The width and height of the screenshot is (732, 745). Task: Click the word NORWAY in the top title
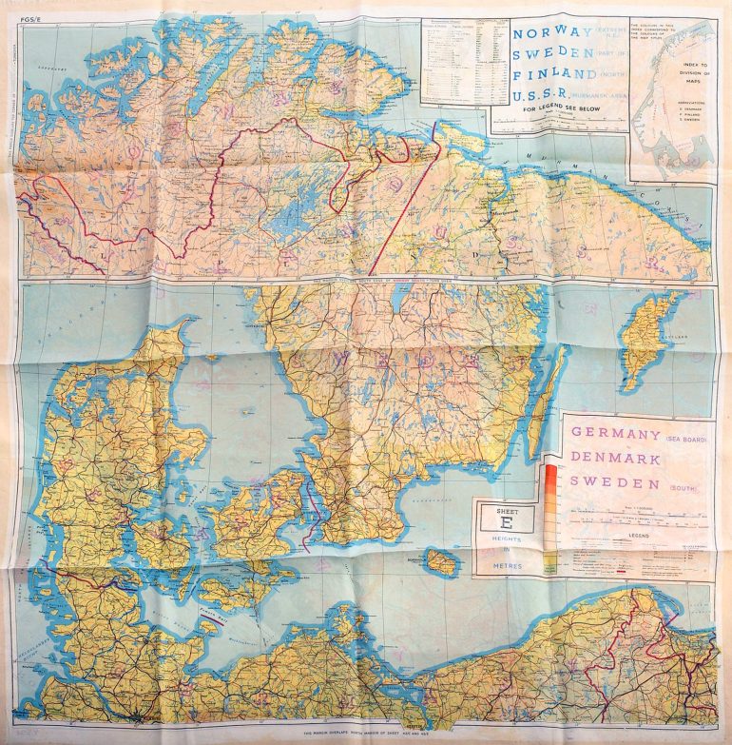pyautogui.click(x=545, y=34)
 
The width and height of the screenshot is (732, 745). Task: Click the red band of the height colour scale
pyautogui.click(x=550, y=470)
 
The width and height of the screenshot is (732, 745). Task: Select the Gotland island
pyautogui.click(x=648, y=338)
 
